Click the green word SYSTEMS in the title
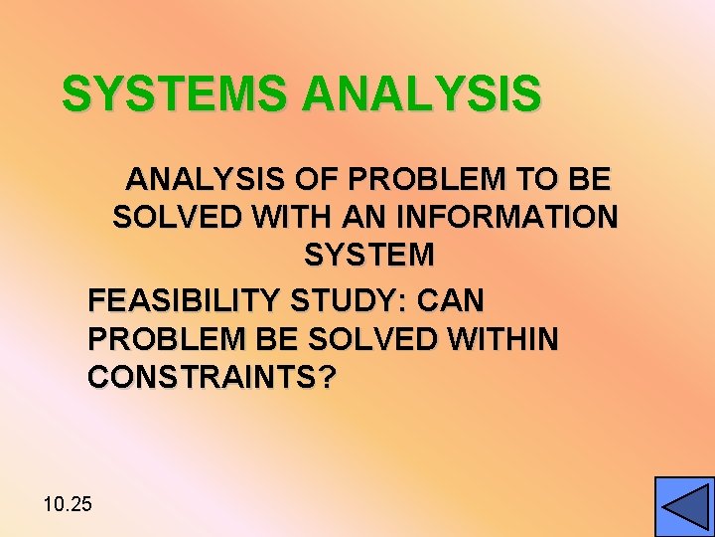[x=177, y=93]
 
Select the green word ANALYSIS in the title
[x=422, y=93]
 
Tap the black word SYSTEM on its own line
[x=369, y=255]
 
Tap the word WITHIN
[x=502, y=339]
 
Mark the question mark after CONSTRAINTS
[x=328, y=378]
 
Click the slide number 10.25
[x=68, y=504]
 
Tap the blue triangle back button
[x=684, y=507]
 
